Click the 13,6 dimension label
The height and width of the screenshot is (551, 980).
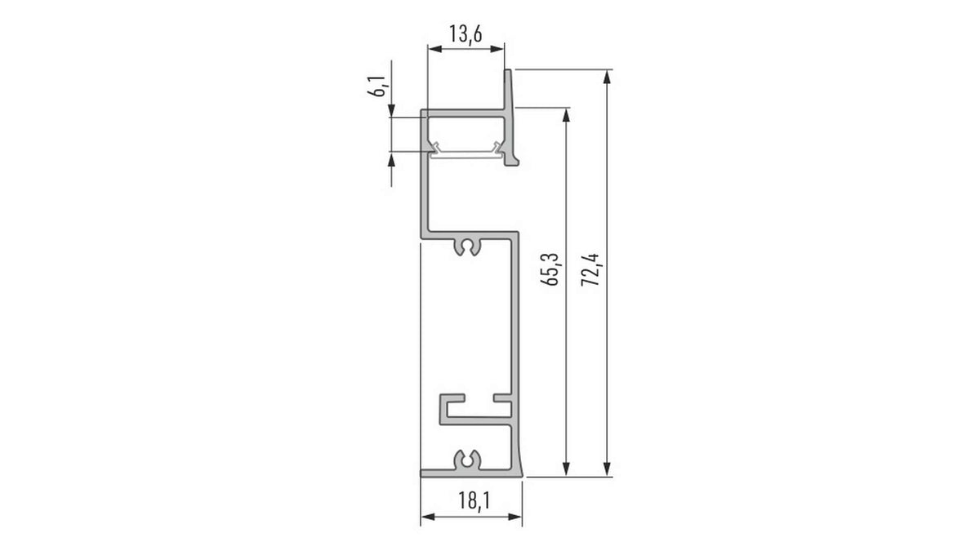point(465,34)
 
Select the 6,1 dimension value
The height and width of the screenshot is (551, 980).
point(377,87)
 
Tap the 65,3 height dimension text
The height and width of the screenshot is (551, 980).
point(550,269)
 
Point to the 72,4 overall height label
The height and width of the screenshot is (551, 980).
point(590,270)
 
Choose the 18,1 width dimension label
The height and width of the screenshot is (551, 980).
point(474,500)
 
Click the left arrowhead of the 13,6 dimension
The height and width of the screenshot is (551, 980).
point(434,49)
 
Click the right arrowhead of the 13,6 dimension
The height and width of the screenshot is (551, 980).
point(497,49)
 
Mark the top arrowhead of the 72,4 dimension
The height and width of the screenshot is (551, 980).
point(607,77)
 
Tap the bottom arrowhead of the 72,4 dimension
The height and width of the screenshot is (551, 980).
point(607,469)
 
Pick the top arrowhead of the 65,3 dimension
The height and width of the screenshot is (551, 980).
point(566,114)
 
